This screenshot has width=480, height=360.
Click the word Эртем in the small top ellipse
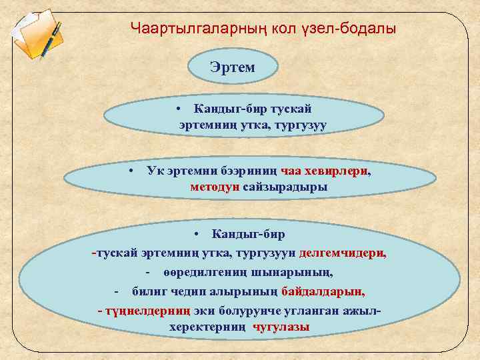(x=233, y=67)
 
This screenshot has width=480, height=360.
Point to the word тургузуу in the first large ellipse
(x=297, y=125)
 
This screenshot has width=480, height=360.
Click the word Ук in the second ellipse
(x=154, y=171)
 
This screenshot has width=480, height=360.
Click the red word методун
(x=214, y=187)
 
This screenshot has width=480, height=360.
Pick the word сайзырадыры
(x=285, y=187)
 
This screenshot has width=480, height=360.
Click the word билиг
(x=147, y=292)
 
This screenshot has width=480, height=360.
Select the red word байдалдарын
(x=323, y=292)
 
